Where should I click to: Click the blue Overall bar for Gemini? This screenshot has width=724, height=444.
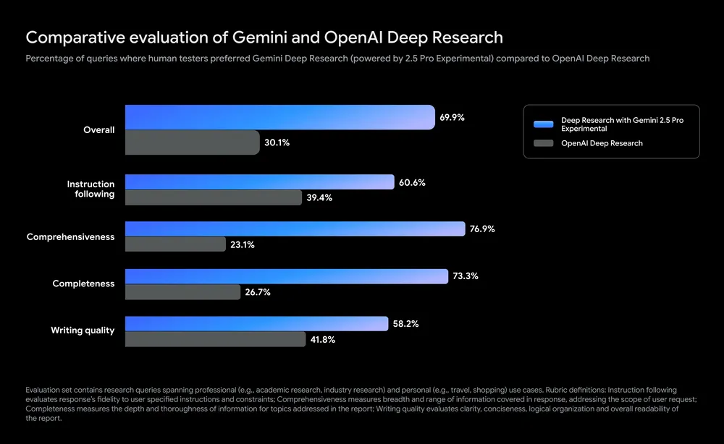click(279, 117)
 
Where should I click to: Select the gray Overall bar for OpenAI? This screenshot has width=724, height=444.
click(192, 142)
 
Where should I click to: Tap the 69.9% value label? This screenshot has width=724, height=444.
click(452, 117)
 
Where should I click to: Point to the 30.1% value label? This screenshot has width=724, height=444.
click(277, 143)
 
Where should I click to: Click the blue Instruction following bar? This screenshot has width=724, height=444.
click(259, 183)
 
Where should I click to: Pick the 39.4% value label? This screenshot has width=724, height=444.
click(319, 197)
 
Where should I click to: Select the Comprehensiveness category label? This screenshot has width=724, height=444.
click(70, 237)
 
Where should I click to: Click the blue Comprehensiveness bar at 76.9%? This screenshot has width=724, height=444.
click(295, 229)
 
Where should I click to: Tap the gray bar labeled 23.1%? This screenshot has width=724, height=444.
click(175, 244)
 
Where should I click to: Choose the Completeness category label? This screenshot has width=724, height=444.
click(83, 284)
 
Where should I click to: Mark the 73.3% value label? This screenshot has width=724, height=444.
click(465, 276)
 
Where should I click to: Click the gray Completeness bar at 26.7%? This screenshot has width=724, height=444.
click(182, 292)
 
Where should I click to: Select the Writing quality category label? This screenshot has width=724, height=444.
click(83, 330)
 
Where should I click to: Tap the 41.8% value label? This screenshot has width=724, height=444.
click(322, 339)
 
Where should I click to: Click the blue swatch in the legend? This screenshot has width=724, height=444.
click(543, 124)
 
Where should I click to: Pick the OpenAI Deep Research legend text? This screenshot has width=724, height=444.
click(602, 143)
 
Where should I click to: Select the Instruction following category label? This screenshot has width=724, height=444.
click(90, 189)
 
